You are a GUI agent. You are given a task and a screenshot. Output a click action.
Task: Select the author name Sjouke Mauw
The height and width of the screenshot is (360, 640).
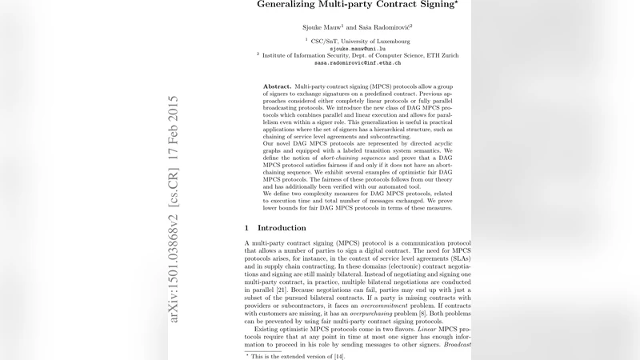[x=320, y=26]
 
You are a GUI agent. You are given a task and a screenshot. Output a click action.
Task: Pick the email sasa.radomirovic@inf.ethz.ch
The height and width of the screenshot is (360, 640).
[x=358, y=62]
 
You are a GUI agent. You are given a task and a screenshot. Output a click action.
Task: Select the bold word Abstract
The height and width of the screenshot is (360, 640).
[x=277, y=86]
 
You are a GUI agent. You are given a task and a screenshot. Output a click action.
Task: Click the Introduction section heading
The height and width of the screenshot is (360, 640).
[x=282, y=228]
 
